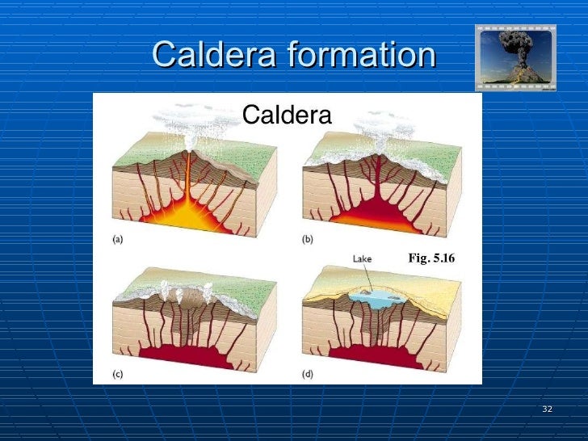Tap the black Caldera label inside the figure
click(x=287, y=115)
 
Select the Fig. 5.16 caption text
click(x=431, y=258)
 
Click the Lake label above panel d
click(x=361, y=258)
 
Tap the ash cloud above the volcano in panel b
click(x=380, y=121)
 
